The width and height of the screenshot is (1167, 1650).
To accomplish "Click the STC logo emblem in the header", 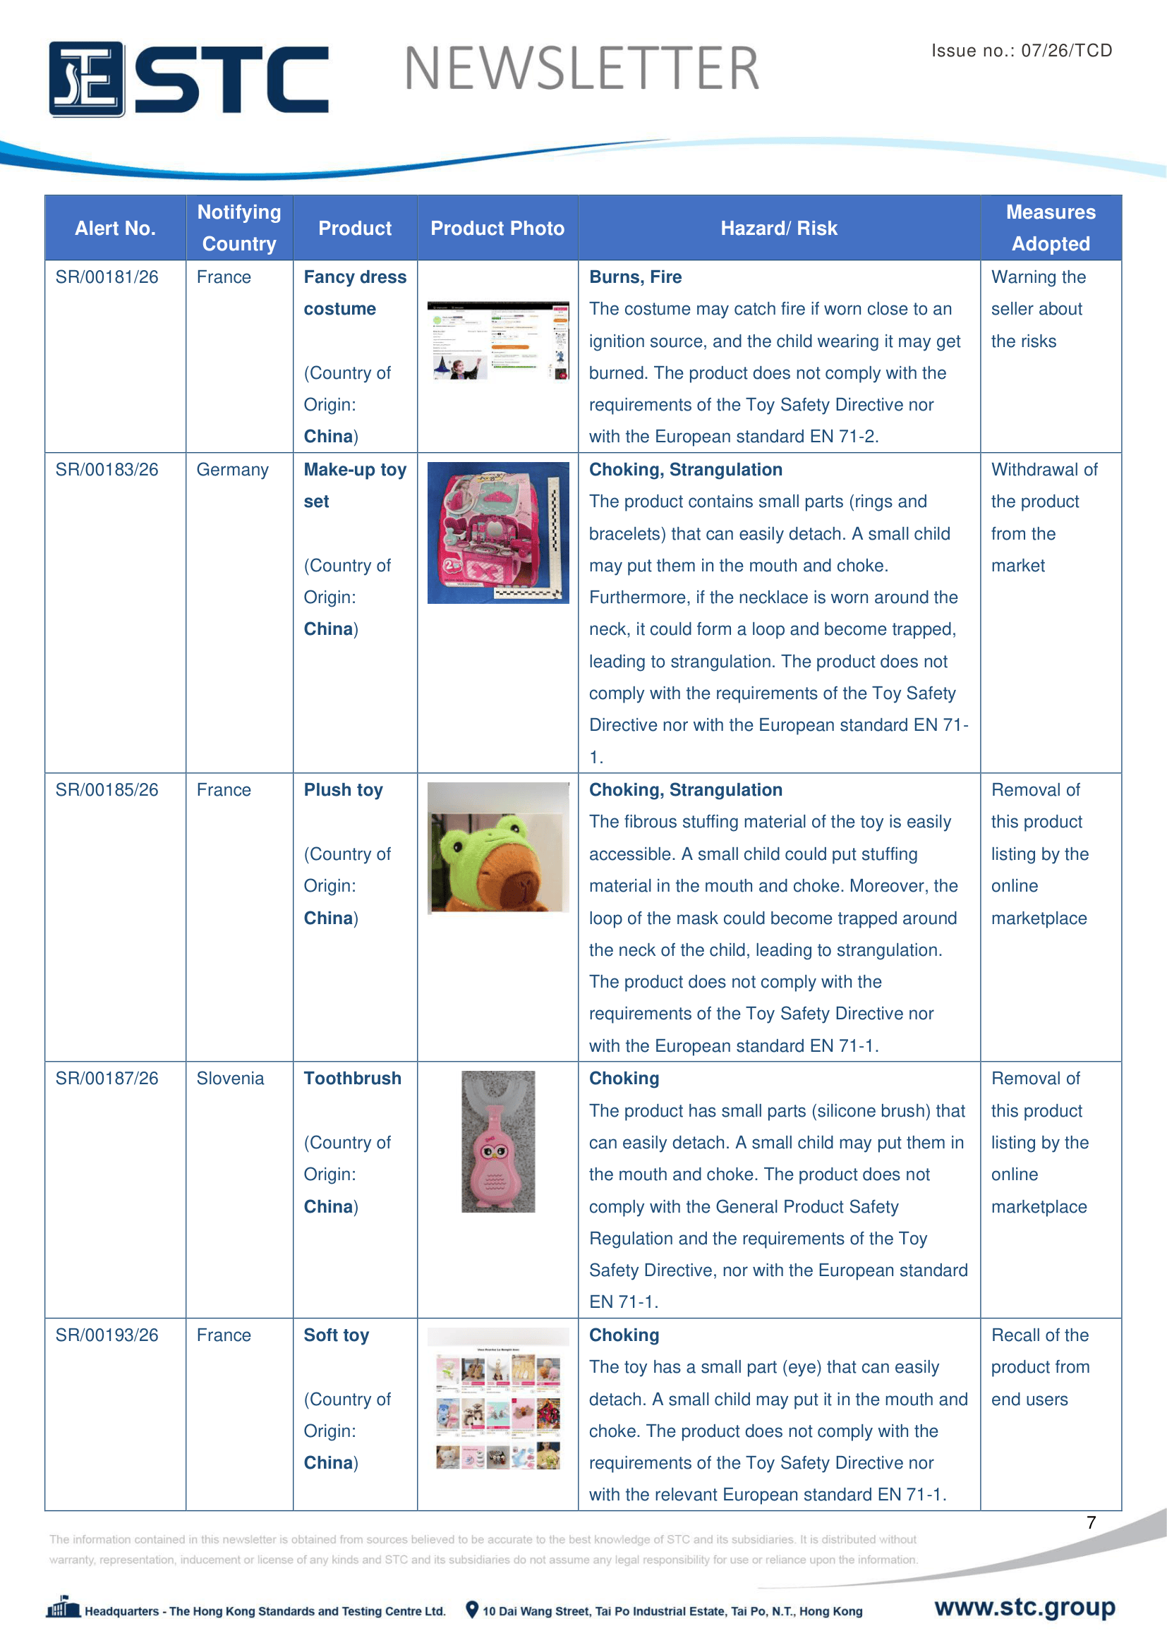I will pos(87,79).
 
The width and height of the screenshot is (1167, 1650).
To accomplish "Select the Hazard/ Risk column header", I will pos(778,229).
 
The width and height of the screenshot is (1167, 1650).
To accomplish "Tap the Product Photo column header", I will pos(497,229).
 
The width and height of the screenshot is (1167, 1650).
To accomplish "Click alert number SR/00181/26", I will pos(107,277).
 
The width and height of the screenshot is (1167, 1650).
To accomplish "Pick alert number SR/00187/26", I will pos(107,1078).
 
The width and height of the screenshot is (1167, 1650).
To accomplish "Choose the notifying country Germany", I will pos(232,470).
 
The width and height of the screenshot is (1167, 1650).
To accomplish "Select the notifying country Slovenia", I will pos(230,1078).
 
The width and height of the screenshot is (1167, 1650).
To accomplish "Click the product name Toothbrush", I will pos(352,1078).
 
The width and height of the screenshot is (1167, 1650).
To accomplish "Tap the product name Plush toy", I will pos(343,790).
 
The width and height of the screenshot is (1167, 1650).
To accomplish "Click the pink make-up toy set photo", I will pos(497,533).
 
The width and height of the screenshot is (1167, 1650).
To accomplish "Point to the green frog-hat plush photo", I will pos(497,848).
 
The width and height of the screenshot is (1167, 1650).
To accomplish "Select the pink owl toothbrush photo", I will pos(497,1141).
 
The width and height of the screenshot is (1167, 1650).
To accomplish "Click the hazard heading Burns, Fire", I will pos(635,277).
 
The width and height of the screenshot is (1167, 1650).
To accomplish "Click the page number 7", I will pos(1091,1522).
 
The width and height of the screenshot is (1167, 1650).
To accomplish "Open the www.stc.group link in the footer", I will pos(1024,1607).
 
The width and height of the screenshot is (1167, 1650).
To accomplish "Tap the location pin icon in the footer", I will pos(471,1609).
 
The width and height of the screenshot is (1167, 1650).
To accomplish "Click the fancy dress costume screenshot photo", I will pos(497,341).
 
